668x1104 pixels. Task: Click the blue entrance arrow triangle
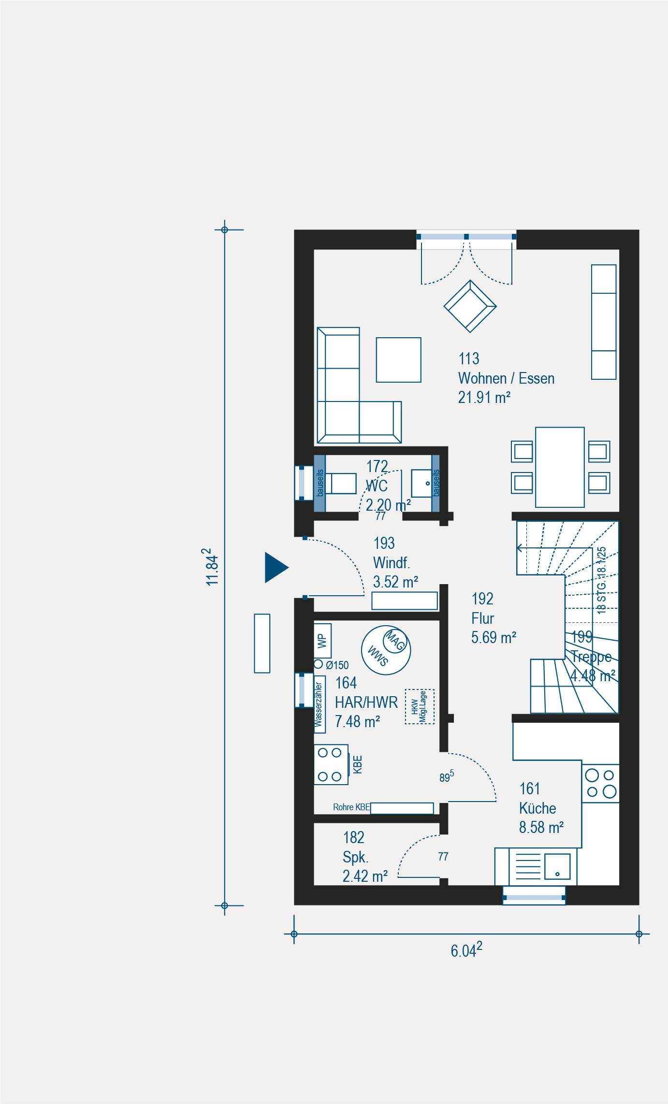276,567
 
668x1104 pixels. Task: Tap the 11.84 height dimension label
212,566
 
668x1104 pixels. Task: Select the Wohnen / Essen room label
506,378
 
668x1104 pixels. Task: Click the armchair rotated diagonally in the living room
470,306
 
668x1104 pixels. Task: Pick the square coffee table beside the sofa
399,360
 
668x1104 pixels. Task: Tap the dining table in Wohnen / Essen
560,467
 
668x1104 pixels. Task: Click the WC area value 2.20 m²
388,505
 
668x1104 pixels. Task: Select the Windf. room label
392,563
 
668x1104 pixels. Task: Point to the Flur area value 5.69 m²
494,637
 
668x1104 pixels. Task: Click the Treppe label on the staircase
591,657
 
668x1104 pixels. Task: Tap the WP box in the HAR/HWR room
322,641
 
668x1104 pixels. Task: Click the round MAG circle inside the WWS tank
395,640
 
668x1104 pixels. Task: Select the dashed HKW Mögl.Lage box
420,706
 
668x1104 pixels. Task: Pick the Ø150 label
337,665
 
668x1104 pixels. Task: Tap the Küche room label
537,808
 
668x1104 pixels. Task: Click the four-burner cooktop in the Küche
600,783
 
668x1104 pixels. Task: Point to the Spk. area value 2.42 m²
365,876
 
